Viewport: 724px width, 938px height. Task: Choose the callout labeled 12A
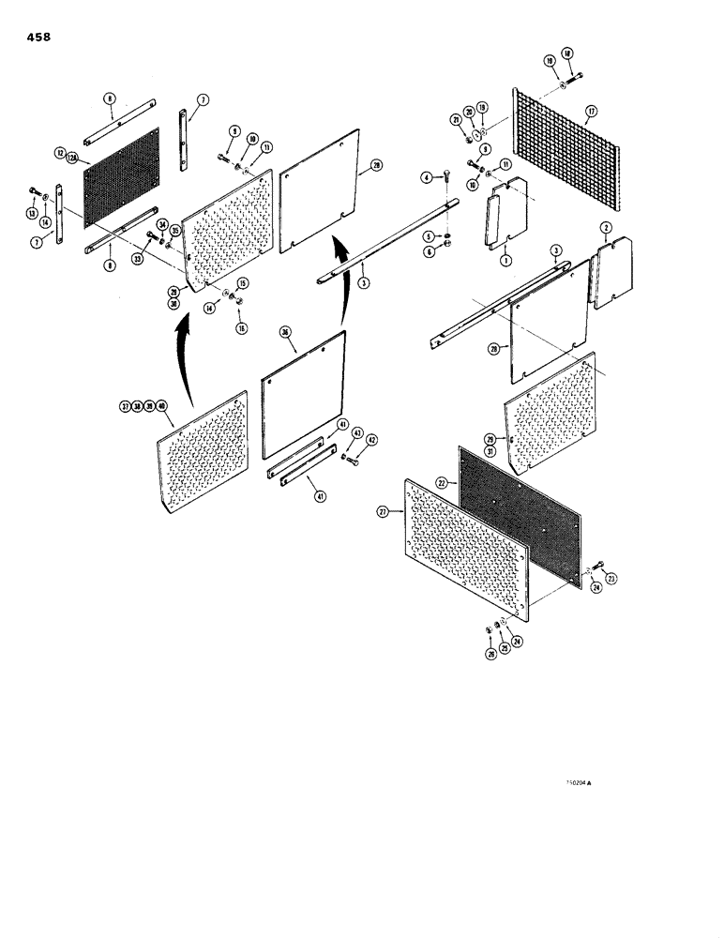[71, 161]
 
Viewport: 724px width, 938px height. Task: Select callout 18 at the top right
[566, 54]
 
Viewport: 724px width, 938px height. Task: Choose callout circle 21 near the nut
[455, 121]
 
